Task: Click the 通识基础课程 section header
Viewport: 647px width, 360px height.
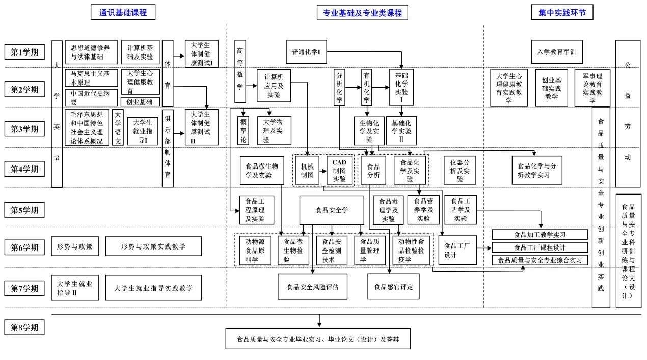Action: (123, 12)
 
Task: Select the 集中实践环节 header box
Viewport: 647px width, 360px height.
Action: (562, 12)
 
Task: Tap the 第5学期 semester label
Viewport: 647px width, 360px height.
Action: (24, 209)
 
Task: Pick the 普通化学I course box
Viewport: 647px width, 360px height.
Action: (306, 52)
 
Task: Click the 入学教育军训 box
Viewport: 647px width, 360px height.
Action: (556, 52)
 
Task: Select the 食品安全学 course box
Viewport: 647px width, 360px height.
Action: (332, 210)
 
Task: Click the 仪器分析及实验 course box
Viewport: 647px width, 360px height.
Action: (460, 170)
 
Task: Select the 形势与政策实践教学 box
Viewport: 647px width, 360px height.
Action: (153, 246)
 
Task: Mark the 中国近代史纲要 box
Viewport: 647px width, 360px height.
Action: (91, 97)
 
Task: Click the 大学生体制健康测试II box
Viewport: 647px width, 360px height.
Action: (201, 127)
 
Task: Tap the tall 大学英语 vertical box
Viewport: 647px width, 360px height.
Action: (57, 114)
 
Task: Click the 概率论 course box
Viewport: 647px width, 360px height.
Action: (243, 130)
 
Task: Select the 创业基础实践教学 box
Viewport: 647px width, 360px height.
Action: (551, 88)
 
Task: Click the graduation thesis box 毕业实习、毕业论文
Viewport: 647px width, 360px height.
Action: (318, 339)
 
